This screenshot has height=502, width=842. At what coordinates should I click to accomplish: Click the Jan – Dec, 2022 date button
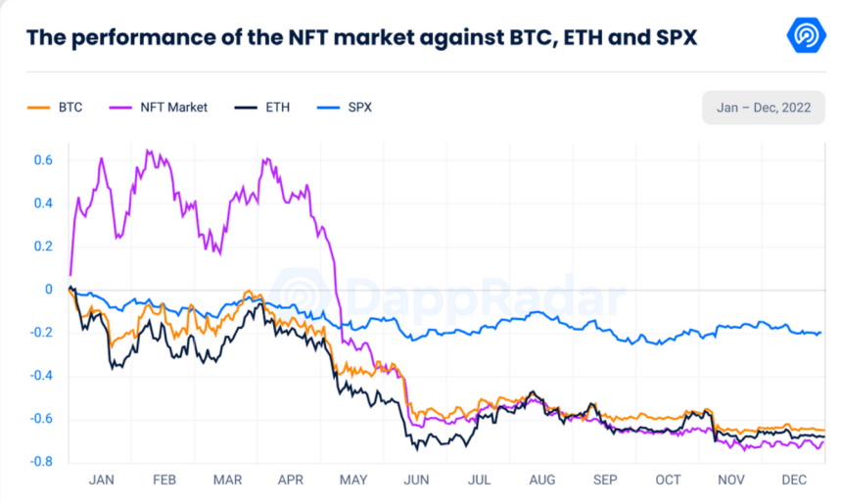pos(763,107)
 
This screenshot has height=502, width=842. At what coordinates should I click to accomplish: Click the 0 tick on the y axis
pos(48,289)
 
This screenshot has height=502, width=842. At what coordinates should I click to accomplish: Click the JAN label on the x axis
pos(102,479)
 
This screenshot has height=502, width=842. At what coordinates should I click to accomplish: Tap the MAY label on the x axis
pos(353,479)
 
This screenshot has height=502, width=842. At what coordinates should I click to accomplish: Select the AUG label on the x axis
pos(541,479)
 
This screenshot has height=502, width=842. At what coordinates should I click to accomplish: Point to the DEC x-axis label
pos(794,479)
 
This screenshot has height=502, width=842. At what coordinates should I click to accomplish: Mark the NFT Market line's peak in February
pos(148,151)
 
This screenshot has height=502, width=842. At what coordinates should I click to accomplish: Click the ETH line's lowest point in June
pos(417,449)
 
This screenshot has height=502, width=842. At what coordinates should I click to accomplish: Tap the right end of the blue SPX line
pos(820,333)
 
